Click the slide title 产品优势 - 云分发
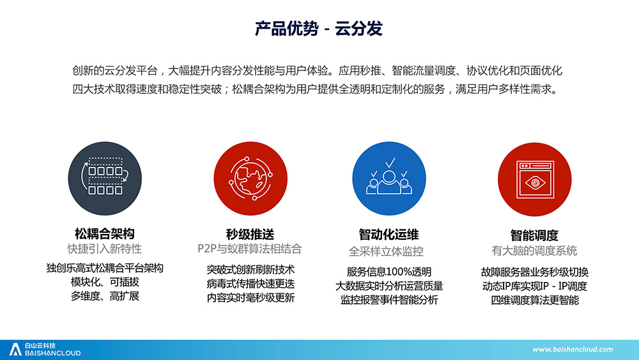(x=318, y=29)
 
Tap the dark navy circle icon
(x=105, y=178)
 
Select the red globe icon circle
(x=250, y=178)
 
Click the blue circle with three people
(x=389, y=178)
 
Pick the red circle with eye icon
(x=534, y=180)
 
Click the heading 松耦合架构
(x=105, y=233)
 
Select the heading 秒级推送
(x=250, y=235)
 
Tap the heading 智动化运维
(x=389, y=235)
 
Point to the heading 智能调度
(x=534, y=235)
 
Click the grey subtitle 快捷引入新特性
(x=105, y=249)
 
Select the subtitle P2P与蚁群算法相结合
(x=249, y=249)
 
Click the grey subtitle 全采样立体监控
(x=387, y=251)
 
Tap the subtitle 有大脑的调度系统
(x=534, y=250)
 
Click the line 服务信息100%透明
(x=389, y=272)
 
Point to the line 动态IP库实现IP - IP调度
(x=534, y=286)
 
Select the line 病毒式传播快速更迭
(x=250, y=284)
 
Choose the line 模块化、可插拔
(x=105, y=282)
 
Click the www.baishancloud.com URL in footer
(x=573, y=349)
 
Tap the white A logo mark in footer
(x=15, y=349)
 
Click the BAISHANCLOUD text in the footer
(x=52, y=353)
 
